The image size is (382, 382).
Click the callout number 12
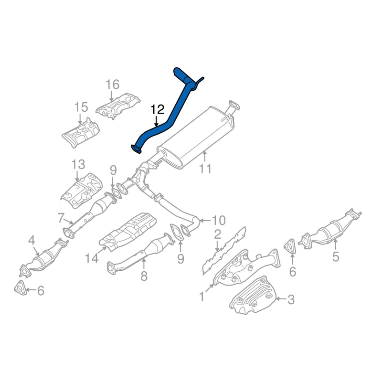tap(158, 110)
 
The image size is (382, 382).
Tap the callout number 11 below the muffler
tap(205, 169)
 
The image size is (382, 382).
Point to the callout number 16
tap(113, 85)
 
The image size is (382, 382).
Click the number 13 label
tap(78, 164)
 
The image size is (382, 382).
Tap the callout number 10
tap(219, 221)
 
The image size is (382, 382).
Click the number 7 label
tap(61, 218)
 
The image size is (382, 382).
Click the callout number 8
tap(144, 276)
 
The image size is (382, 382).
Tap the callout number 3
tap(291, 300)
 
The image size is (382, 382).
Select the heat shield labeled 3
tap(253, 295)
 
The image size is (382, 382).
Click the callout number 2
tap(217, 234)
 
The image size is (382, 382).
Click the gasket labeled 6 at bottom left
tap(20, 288)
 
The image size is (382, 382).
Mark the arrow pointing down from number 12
tap(156, 121)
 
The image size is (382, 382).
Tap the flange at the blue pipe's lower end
tap(136, 149)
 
